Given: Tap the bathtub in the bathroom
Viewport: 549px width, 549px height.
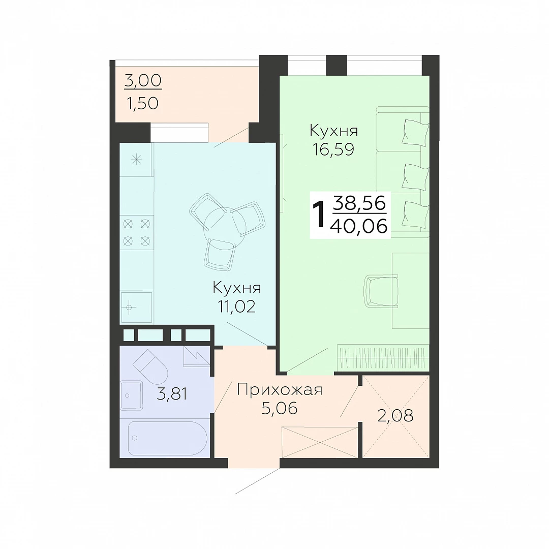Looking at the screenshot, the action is click(168, 438).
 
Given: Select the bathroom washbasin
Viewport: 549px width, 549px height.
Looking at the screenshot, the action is click(131, 395).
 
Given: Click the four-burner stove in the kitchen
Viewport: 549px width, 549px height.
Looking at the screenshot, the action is click(137, 232).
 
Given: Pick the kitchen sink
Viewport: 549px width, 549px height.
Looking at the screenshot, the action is click(137, 307).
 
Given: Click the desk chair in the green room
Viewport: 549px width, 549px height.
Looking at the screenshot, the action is click(381, 291).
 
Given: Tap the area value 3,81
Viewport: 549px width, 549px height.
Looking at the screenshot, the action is click(172, 394).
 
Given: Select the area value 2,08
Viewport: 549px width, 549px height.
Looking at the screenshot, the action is click(395, 416).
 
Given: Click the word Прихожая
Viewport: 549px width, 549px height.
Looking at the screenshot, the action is click(280, 390).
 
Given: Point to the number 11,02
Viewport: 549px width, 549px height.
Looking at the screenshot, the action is click(237, 307).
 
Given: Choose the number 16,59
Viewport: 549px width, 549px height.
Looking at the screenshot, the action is click(333, 149).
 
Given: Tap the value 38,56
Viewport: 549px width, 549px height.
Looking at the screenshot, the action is click(359, 203).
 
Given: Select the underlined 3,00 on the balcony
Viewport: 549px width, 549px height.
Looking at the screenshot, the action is click(143, 80).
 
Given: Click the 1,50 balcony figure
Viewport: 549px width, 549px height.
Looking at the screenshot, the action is click(142, 103).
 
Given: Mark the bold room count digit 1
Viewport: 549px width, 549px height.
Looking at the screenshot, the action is click(319, 215).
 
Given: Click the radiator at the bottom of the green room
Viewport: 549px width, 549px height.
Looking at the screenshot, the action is click(383, 357).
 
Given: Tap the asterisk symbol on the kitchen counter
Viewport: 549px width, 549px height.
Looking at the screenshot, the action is click(136, 160).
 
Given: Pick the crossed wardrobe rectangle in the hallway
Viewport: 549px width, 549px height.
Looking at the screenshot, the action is click(320, 442).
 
